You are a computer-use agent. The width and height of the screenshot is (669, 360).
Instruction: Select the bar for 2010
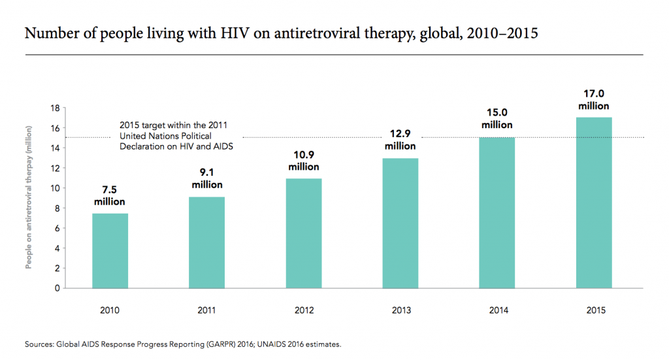pyautogui.click(x=110, y=250)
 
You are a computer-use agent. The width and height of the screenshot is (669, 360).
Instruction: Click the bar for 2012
pyautogui.click(x=303, y=233)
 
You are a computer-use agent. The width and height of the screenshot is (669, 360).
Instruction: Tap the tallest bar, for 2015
pyautogui.click(x=593, y=203)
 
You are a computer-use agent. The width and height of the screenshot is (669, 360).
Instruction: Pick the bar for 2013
pyautogui.click(x=400, y=223)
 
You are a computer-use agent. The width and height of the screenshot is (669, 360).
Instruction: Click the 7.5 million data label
pyautogui.click(x=110, y=196)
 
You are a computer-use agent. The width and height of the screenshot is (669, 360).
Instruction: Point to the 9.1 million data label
pyautogui.click(x=206, y=180)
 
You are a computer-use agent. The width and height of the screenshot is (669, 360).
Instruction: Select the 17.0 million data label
pyautogui.click(x=593, y=100)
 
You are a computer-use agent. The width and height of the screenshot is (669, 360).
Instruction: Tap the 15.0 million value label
pyautogui.click(x=497, y=119)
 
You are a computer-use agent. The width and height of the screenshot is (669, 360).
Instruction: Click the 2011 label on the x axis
pyautogui.click(x=206, y=310)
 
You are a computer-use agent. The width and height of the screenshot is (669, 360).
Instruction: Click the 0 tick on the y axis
pyautogui.click(x=57, y=288)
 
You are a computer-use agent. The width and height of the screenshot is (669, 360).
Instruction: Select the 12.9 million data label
pyautogui.click(x=400, y=140)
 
